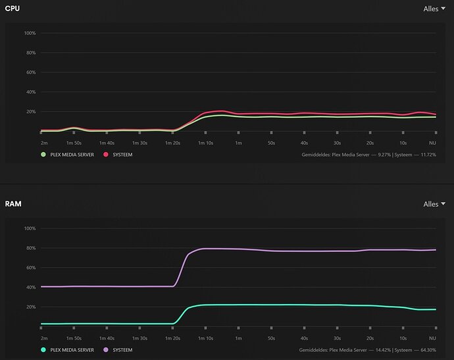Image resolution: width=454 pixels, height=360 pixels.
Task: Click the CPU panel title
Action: click(13, 9)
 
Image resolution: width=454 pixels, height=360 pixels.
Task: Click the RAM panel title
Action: click(13, 204)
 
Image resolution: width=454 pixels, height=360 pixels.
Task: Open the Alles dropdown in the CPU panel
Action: click(435, 9)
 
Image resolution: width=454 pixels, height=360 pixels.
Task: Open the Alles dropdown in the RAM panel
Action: click(435, 204)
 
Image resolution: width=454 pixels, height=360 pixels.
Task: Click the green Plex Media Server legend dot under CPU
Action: click(43, 154)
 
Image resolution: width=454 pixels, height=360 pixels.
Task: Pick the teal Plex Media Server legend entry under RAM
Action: click(43, 350)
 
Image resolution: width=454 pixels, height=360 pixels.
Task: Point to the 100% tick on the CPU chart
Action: click(30, 33)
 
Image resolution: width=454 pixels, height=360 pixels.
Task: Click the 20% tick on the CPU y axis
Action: click(31, 111)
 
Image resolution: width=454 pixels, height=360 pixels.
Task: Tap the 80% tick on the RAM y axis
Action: click(31, 248)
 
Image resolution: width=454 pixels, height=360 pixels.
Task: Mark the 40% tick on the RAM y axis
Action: click(31, 287)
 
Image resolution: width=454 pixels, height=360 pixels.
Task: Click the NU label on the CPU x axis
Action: click(432, 142)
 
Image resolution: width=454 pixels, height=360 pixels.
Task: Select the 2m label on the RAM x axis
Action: click(44, 338)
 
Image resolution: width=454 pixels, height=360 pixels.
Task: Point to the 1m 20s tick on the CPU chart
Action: click(172, 142)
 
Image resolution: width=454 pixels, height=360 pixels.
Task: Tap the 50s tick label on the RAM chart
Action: click(271, 338)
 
